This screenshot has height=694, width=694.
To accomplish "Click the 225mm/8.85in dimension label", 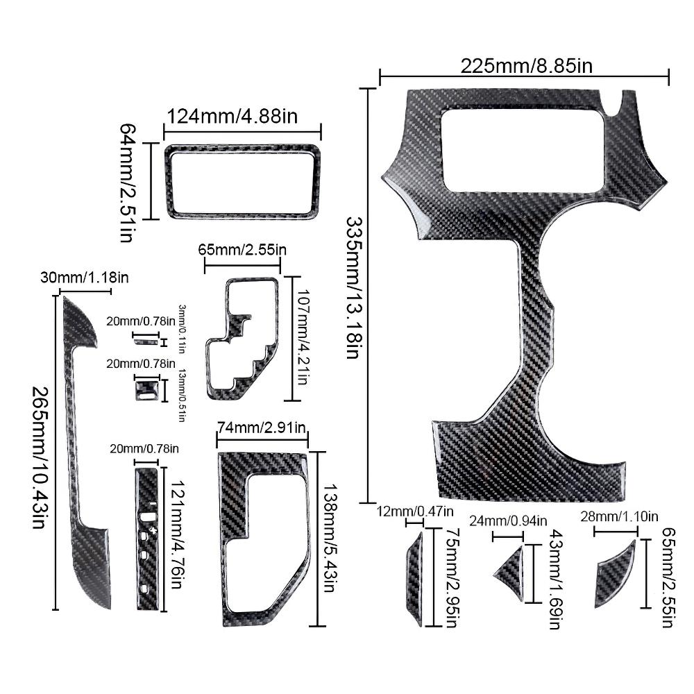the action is (x=526, y=66).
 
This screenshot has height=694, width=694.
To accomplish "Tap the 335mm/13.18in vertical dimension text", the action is (x=353, y=287).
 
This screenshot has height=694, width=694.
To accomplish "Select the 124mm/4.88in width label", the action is (x=232, y=117).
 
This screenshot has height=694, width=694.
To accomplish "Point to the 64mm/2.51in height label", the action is (x=127, y=183).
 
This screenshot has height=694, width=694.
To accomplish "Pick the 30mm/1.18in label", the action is (x=85, y=278).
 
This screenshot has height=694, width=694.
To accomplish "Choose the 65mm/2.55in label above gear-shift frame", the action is (x=242, y=250).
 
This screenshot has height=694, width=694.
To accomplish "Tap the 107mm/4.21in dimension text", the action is (x=303, y=337).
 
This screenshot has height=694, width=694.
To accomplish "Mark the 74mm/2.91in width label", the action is (x=262, y=428).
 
